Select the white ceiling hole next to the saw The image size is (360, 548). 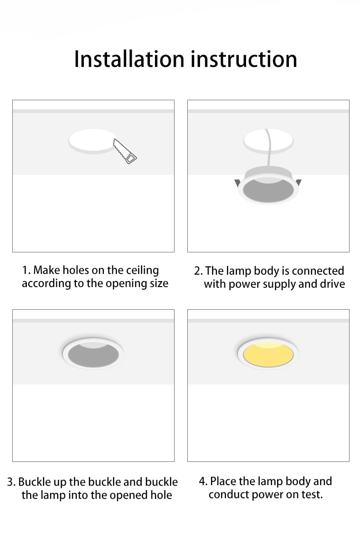click(91, 140)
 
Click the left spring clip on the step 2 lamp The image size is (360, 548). click(237, 184)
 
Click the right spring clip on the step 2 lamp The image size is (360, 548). click(298, 183)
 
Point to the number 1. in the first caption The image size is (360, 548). click(26, 270)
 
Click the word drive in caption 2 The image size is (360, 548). click(332, 284)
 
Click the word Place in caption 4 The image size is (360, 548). click(223, 481)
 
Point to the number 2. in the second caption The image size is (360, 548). click(198, 271)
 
